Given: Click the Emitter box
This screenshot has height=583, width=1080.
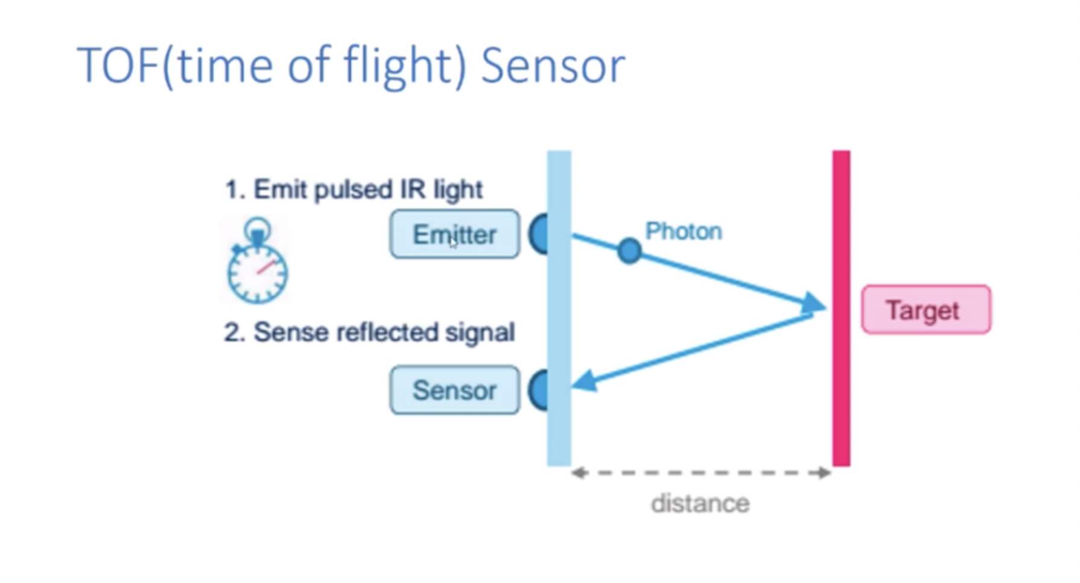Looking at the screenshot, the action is click(454, 234).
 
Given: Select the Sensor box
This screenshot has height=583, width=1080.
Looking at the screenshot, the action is click(454, 390).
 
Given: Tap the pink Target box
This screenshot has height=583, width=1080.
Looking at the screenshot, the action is click(926, 310).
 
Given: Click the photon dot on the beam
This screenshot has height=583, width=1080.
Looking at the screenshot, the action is click(629, 250).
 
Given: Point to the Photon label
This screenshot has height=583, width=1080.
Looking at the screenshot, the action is click(684, 231).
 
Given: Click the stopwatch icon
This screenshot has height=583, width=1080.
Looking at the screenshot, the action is click(258, 260).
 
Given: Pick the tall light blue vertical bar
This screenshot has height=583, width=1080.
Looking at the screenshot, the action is click(559, 308).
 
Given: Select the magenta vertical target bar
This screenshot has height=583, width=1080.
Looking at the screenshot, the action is click(842, 308).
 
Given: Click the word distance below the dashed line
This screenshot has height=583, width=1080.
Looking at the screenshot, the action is click(700, 503).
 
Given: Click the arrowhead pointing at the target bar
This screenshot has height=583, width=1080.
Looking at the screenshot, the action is click(815, 304).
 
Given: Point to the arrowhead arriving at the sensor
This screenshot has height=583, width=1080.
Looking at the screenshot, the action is click(585, 381).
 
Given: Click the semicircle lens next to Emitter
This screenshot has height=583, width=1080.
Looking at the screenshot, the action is click(539, 234).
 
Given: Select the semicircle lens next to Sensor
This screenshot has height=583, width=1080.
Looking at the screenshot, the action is click(539, 390).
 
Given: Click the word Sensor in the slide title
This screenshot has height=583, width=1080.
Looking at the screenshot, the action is click(553, 66).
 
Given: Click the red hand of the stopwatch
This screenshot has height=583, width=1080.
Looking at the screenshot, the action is click(266, 267).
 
